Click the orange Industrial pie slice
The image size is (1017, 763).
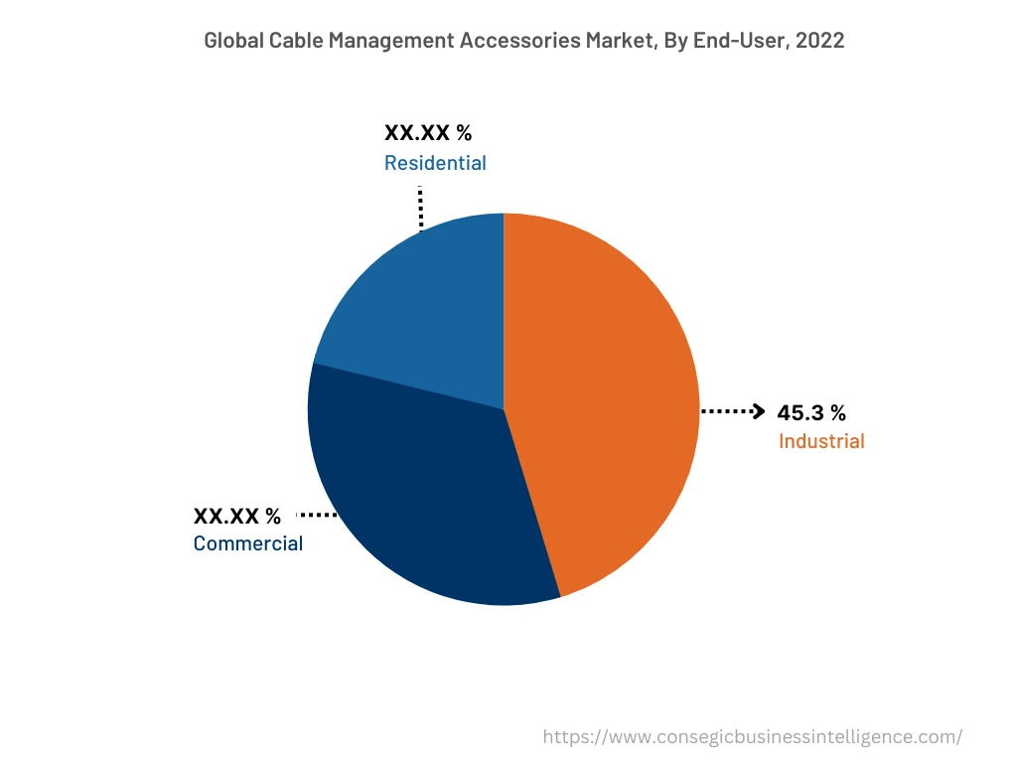(x=606, y=397)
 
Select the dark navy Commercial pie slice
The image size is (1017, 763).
(x=427, y=497)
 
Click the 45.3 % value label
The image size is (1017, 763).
(x=811, y=413)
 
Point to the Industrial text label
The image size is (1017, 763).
(x=821, y=441)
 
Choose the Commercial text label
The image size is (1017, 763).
(x=248, y=543)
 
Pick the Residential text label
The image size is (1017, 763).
(x=435, y=163)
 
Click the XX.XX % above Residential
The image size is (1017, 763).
(x=428, y=134)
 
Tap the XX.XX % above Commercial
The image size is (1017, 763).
(x=237, y=516)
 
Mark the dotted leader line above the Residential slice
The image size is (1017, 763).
(x=420, y=207)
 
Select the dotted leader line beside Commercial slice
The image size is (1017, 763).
(x=317, y=515)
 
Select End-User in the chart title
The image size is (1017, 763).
(x=713, y=41)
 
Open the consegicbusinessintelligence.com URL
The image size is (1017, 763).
(x=753, y=737)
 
